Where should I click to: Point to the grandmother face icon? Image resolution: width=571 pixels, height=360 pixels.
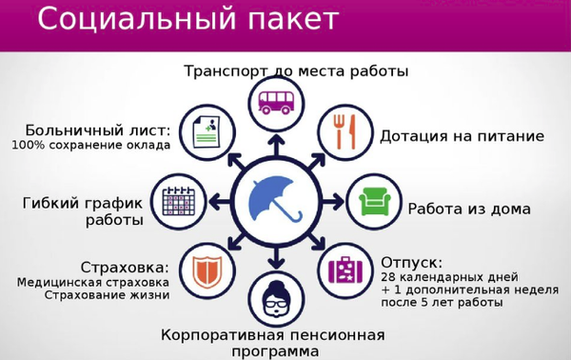[276, 299]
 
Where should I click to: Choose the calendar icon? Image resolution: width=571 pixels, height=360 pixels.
[179, 200]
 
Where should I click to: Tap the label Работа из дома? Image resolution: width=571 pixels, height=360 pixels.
[469, 209]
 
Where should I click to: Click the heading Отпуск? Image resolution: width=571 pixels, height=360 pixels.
[411, 261]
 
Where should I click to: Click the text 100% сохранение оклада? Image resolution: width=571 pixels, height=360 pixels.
[91, 145]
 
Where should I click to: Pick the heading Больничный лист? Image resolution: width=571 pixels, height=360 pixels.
[98, 129]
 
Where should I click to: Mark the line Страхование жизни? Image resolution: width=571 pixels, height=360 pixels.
[107, 295]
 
